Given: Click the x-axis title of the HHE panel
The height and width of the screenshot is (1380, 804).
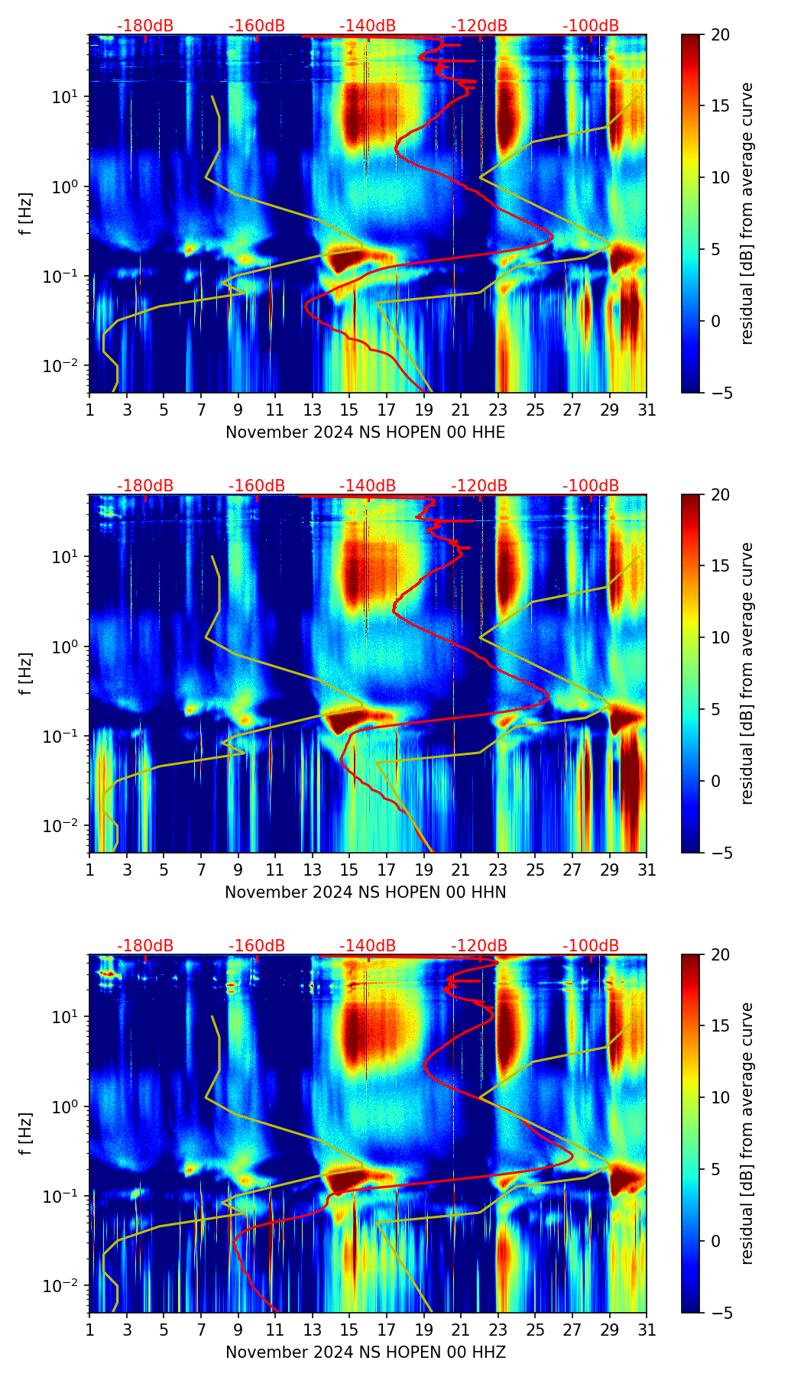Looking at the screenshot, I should coord(365,432).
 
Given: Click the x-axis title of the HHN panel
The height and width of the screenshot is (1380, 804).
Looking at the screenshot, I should coord(365,892).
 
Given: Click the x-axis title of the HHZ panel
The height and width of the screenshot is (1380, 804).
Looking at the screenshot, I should coord(365,1352).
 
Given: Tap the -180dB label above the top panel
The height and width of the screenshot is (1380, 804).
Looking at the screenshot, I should coord(145,26).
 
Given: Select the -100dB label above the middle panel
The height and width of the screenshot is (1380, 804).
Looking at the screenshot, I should coord(591,486).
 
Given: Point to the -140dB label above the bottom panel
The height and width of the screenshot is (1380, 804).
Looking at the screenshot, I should coord(368,946).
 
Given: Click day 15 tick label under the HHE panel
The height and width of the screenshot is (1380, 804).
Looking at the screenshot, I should coord(349,410).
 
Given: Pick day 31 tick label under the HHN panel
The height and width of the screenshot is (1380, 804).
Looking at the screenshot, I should coord(647,870).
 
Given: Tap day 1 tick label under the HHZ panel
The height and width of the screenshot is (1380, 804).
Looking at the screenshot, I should coord(89,1330).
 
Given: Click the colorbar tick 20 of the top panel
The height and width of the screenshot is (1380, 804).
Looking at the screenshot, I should coord(720,34).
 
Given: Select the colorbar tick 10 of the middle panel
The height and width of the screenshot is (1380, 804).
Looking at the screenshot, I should coord(720,637).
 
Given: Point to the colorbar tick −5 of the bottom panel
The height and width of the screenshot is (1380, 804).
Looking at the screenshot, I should coord(720,1313).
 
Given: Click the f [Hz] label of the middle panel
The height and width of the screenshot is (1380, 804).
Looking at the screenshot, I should coord(26,673).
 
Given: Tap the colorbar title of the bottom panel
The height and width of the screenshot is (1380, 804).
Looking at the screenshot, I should coord(747,1133).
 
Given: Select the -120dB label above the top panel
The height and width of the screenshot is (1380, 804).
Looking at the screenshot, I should coord(479,26).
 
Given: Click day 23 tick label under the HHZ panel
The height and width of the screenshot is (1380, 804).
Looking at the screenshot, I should coord(498,1330).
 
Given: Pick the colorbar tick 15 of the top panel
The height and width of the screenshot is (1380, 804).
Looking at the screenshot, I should coord(720,106).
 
